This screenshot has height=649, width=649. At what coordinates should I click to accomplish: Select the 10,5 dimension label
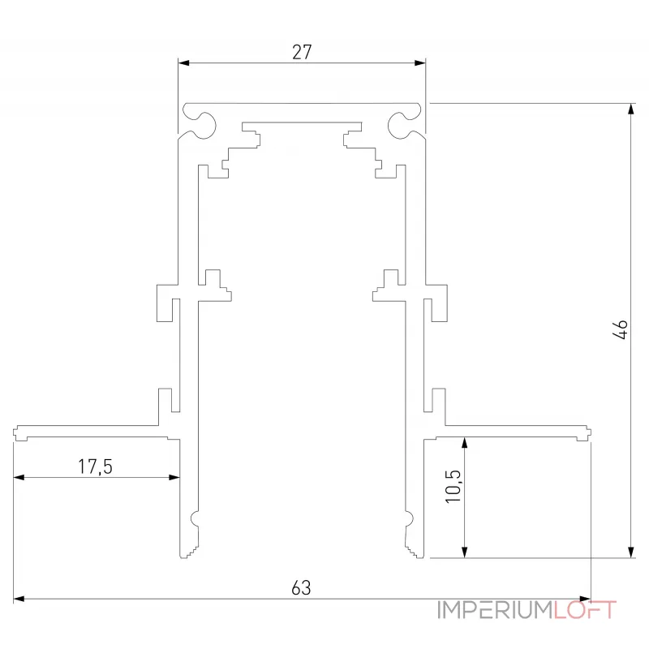[x=452, y=488]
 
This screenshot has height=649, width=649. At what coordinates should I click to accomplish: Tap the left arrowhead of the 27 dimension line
[x=183, y=62]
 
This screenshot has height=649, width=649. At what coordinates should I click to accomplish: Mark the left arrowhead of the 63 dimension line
[x=19, y=600]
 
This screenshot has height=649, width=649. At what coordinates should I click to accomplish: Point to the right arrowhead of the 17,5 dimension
[x=174, y=478]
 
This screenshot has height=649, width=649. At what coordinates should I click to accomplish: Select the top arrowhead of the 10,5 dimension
[x=464, y=443]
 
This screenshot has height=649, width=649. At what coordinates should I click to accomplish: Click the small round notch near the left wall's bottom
[x=195, y=518]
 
